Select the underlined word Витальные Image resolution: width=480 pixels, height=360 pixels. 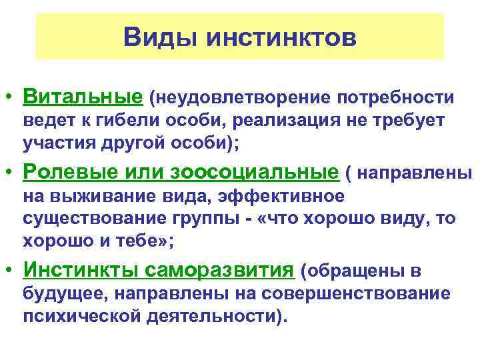pyautogui.click(x=83, y=98)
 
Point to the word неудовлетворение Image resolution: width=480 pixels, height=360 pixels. pyautogui.click(x=241, y=99)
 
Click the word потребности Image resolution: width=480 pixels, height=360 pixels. pyautogui.click(x=396, y=99)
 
